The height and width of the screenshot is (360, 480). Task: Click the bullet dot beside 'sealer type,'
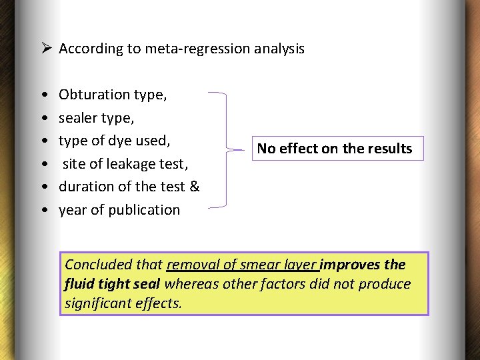(43, 118)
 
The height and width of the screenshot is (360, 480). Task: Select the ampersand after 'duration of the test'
(195, 187)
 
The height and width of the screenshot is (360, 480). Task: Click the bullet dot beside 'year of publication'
(43, 210)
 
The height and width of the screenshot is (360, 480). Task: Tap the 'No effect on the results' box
(335, 149)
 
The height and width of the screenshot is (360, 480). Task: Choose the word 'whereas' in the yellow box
(190, 284)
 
